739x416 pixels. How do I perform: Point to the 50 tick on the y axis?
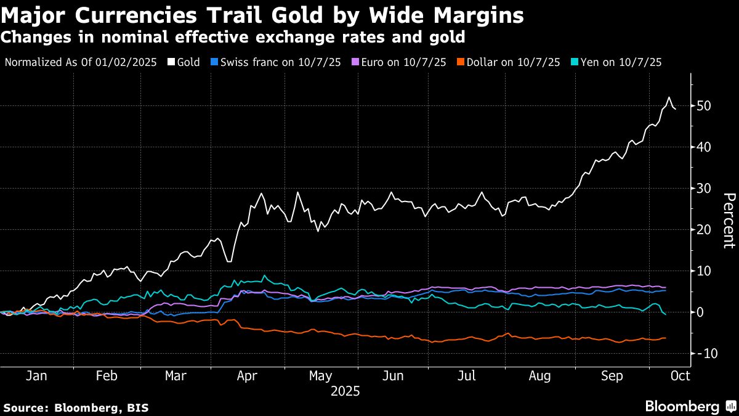(x=703, y=106)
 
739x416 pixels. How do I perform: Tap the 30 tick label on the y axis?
(x=703, y=189)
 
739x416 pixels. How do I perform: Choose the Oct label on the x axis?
(x=680, y=375)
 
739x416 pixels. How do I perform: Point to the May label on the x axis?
(x=320, y=375)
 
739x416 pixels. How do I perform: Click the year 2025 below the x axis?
(x=345, y=391)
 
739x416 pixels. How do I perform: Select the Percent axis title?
(x=729, y=221)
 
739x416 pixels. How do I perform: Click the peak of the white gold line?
(x=669, y=97)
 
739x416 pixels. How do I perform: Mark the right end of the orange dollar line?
(x=666, y=338)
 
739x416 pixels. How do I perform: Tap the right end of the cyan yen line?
(x=666, y=315)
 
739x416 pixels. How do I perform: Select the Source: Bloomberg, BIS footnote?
(x=76, y=407)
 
